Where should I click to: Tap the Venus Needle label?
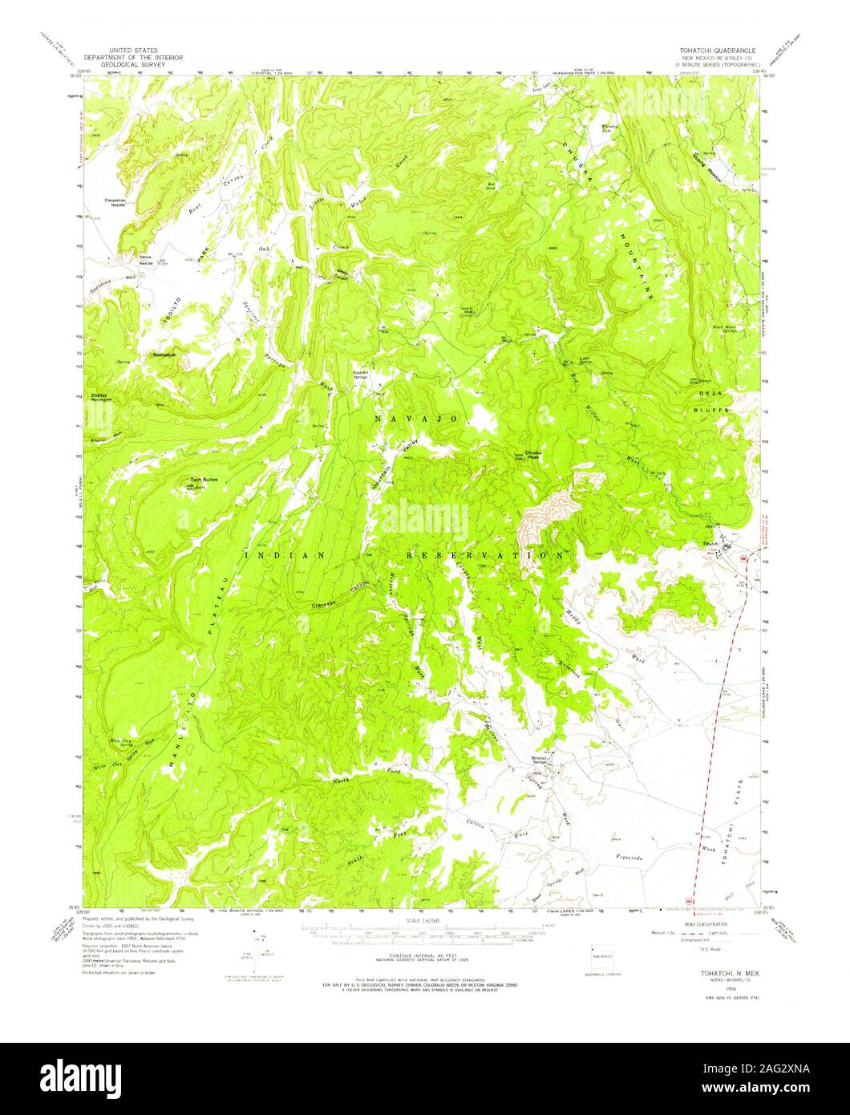(x=145, y=261)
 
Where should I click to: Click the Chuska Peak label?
(x=534, y=453)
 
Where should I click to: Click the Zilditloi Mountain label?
(x=101, y=398)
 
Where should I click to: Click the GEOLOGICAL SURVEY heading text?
(x=134, y=66)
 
